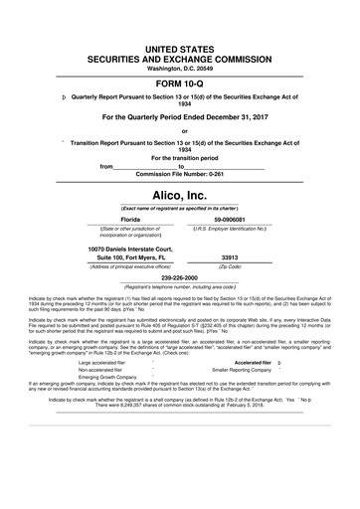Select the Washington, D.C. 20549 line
[180, 68]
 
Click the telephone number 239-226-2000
[180, 279]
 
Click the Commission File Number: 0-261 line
[180, 174]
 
